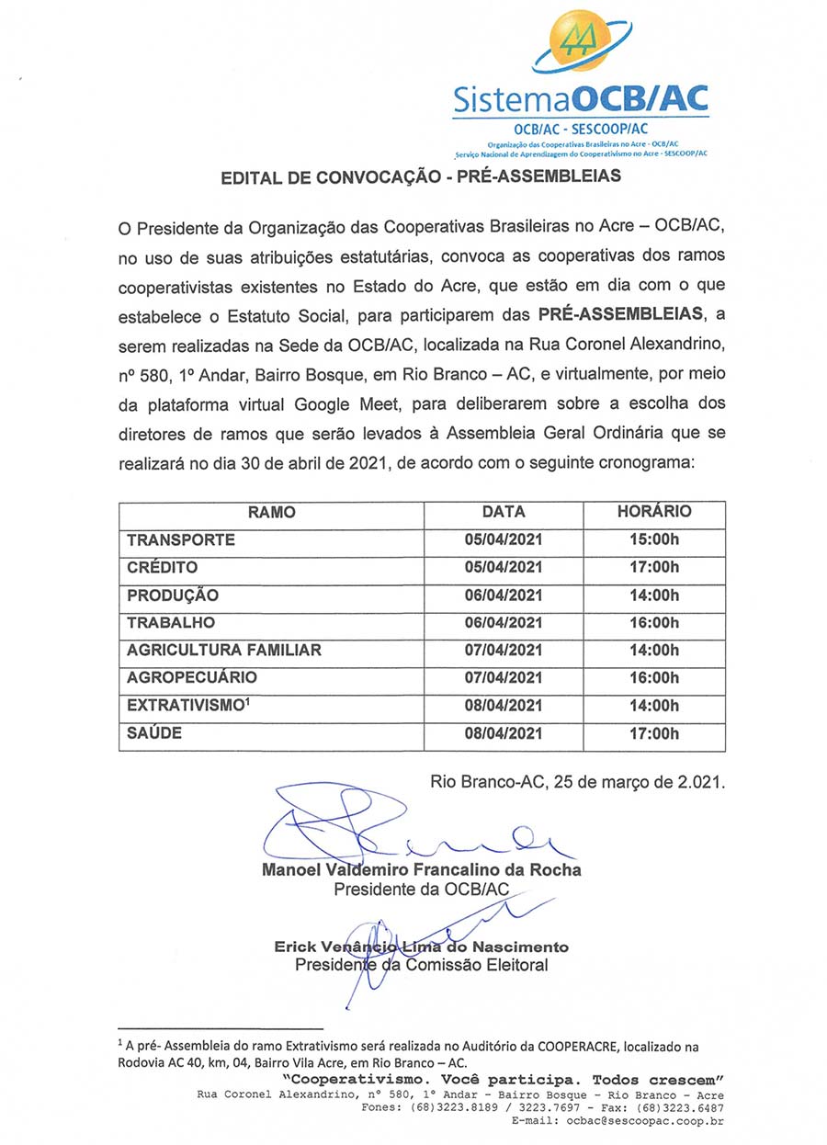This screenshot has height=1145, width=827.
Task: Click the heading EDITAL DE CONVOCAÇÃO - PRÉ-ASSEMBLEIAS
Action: [x=421, y=176]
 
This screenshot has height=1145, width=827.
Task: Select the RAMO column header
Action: [x=271, y=513]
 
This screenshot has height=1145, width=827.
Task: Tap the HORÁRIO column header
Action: [x=654, y=512]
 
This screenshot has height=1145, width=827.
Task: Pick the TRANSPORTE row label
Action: [x=181, y=540]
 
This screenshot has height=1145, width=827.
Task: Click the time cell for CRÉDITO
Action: [x=654, y=568]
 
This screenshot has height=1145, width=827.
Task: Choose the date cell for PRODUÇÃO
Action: [x=504, y=595]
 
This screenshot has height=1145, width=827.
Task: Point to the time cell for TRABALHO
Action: [x=654, y=623]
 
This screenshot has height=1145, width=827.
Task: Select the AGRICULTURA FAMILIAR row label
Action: [x=224, y=651]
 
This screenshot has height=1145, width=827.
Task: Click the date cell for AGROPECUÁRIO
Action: [x=504, y=678]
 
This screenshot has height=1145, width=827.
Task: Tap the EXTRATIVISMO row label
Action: [x=188, y=706]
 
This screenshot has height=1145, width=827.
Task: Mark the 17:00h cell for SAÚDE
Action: [x=654, y=733]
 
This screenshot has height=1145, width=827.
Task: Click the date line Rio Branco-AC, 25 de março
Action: [x=578, y=783]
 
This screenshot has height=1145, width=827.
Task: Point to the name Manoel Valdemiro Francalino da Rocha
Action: [x=422, y=870]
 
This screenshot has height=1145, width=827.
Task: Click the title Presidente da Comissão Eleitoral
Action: [x=422, y=966]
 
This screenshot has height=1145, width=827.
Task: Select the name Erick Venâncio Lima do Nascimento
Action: [x=422, y=947]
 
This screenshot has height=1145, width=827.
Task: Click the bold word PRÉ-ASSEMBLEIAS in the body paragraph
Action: [x=619, y=315]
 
